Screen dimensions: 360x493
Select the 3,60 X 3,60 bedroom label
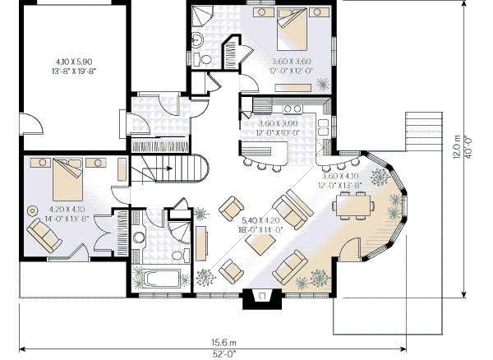point(292,62)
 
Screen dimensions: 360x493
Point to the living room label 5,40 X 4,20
point(261,220)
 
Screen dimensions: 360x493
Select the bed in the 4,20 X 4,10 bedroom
point(66,174)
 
